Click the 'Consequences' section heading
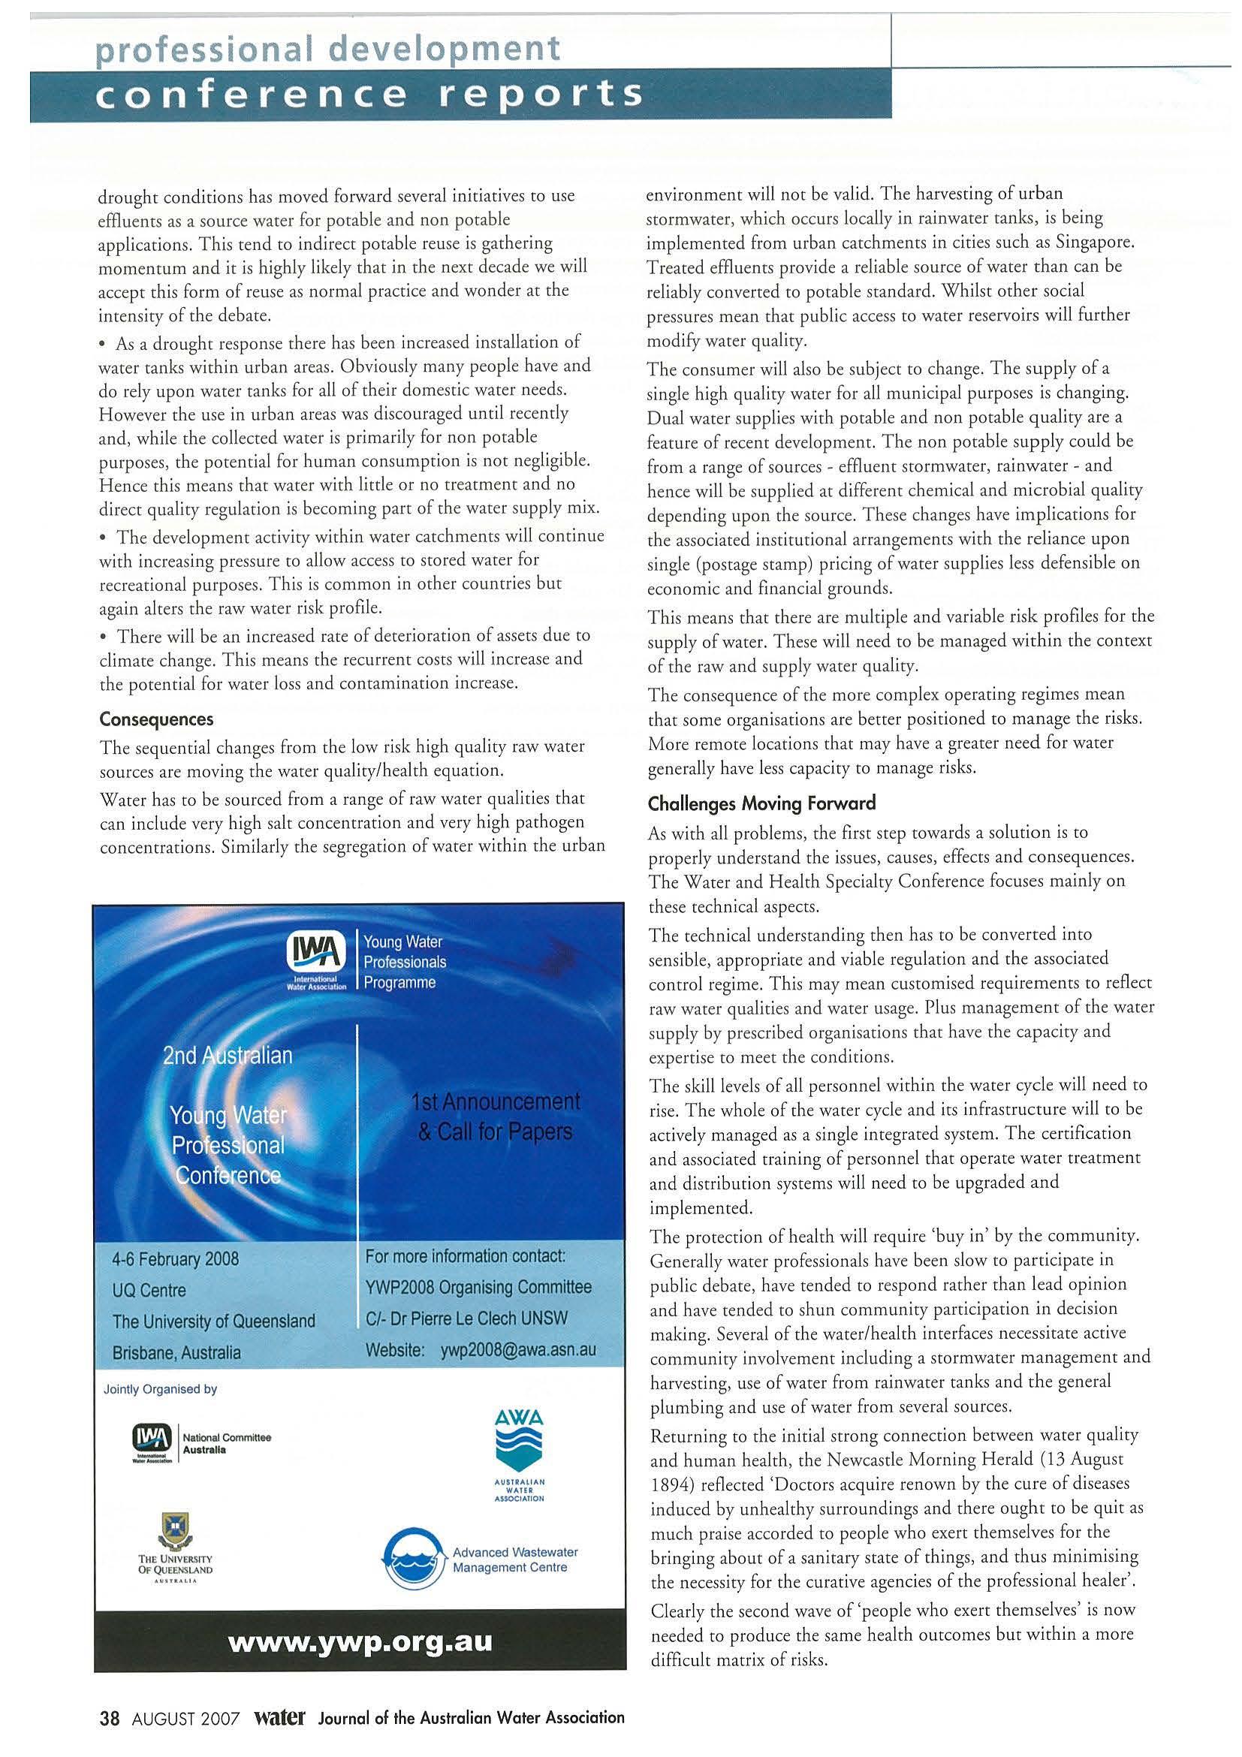point(157,719)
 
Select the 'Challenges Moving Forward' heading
point(761,803)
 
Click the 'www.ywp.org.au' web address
point(360,1641)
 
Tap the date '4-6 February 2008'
point(175,1259)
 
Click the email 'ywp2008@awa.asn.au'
point(518,1350)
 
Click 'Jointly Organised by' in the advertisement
point(160,1389)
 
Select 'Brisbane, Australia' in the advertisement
point(176,1352)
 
